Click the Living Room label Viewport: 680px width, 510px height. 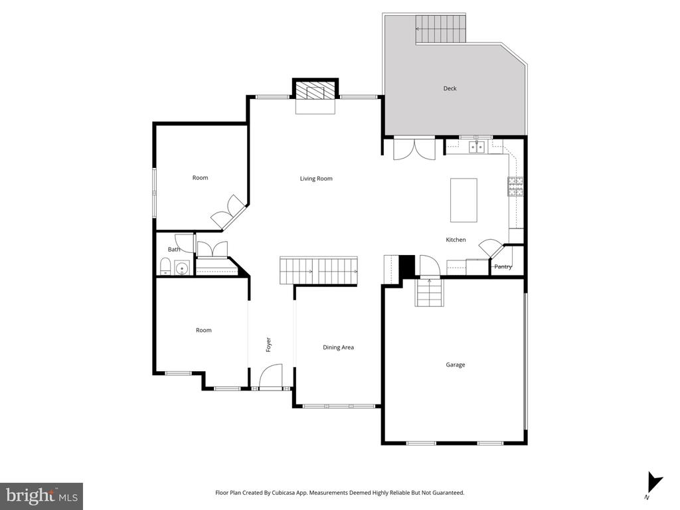tap(316, 178)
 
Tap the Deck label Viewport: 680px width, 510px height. tap(450, 88)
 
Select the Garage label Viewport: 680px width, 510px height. tap(455, 365)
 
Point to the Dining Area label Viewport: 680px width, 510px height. tap(338, 347)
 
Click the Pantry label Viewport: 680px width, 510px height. tap(503, 267)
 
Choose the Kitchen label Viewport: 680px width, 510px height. tap(456, 240)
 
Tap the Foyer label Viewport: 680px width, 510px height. tap(269, 345)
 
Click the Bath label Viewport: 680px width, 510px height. tap(173, 250)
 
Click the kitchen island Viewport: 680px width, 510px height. tap(464, 200)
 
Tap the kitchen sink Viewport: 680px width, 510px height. tap(477, 147)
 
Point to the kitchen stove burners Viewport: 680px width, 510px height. tap(515, 187)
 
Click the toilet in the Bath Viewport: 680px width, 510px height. tap(165, 268)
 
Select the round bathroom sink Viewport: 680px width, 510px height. tap(181, 269)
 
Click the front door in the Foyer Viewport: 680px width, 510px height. tap(270, 378)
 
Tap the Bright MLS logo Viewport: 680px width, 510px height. tap(41, 495)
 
